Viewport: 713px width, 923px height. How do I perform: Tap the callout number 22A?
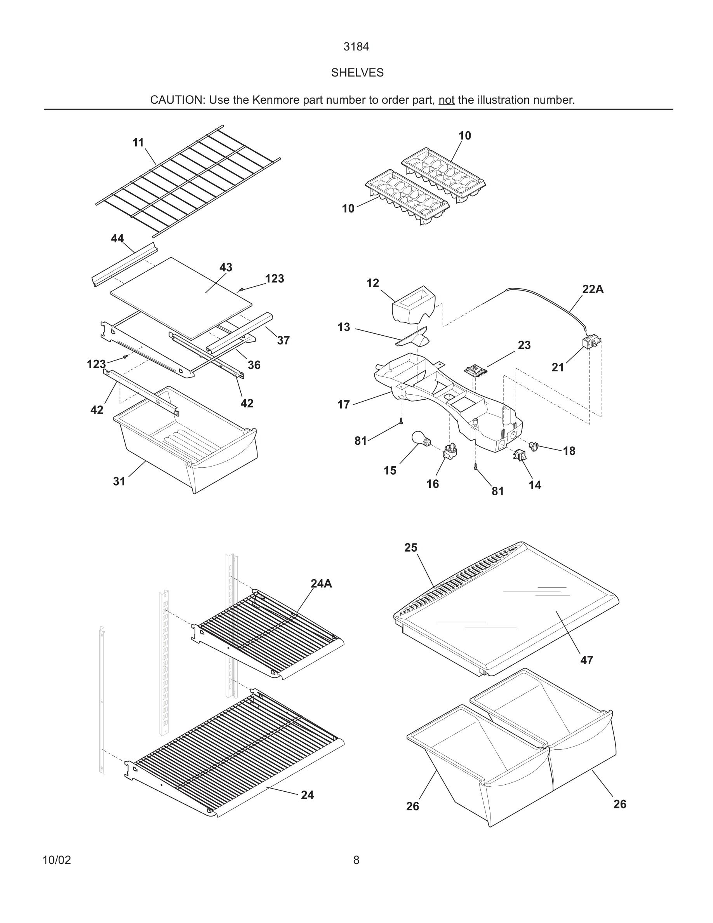pos(593,289)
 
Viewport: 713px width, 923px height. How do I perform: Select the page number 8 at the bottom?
pos(356,860)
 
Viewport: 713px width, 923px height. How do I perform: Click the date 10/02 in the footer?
pos(57,860)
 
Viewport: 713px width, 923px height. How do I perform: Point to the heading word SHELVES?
pos(357,73)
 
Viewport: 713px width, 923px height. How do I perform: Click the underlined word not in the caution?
pos(446,100)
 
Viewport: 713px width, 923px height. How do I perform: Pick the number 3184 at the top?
pos(356,47)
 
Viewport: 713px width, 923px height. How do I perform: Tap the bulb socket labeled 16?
pos(449,452)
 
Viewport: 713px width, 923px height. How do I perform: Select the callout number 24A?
pos(321,583)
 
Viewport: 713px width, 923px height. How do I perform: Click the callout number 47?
pos(586,660)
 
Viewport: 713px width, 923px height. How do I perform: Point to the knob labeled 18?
pos(534,446)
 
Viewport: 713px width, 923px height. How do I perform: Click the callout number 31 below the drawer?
pos(119,481)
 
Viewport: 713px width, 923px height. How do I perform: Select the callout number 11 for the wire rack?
pos(138,143)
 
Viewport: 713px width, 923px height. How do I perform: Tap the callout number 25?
pos(410,548)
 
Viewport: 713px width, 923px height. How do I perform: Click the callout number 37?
pos(283,340)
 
